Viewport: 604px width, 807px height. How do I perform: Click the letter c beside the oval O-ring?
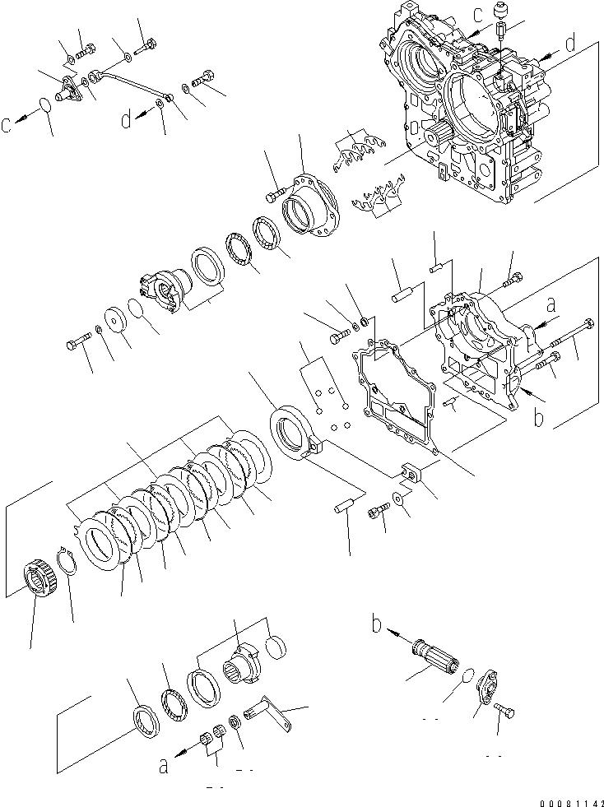click(x=7, y=125)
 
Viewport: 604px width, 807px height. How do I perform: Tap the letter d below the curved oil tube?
click(x=125, y=120)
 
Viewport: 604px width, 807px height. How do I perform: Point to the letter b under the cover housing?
click(x=538, y=417)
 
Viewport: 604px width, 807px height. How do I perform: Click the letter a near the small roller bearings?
click(x=163, y=765)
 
